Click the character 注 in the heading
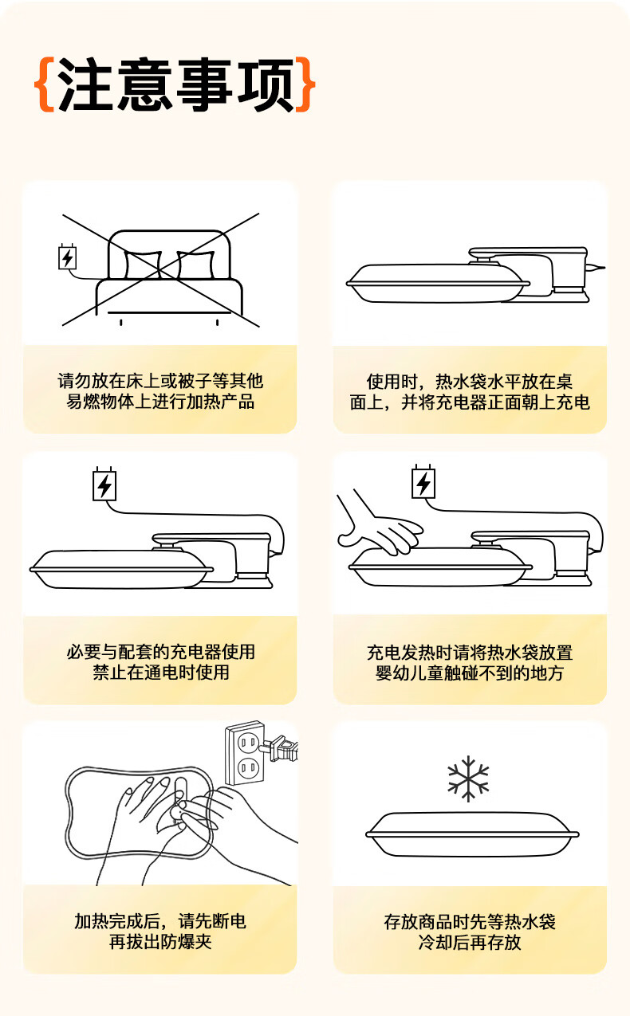(85, 84)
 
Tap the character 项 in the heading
(266, 84)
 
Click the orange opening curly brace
(45, 84)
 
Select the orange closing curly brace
(305, 84)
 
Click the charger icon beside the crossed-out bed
(67, 257)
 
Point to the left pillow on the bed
(143, 265)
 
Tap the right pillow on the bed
(195, 265)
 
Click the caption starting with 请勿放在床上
(160, 391)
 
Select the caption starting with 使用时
(470, 391)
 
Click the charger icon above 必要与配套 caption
(104, 484)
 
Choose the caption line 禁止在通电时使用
(160, 672)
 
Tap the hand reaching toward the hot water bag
(378, 522)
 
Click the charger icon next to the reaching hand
(423, 481)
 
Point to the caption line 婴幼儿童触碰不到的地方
(470, 673)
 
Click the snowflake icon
(468, 779)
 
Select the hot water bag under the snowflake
(472, 834)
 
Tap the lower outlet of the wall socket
(249, 768)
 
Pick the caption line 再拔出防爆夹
(160, 942)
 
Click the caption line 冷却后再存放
(470, 942)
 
